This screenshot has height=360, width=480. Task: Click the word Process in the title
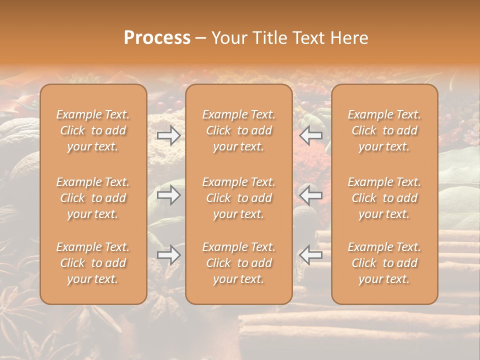tap(157, 38)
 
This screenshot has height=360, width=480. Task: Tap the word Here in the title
tap(349, 38)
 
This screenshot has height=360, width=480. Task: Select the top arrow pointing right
tap(168, 135)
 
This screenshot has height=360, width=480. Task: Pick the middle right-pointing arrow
tap(168, 195)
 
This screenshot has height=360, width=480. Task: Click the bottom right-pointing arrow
tap(168, 255)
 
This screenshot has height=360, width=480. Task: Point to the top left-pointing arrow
tap(311, 135)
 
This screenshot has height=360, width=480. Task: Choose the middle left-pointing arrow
tap(311, 195)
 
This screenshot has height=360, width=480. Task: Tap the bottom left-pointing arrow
tap(311, 255)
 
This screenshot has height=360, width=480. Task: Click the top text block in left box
tap(93, 130)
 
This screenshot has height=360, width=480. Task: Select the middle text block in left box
tap(93, 198)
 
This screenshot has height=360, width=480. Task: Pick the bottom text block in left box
tap(93, 263)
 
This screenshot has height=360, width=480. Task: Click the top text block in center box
tap(238, 130)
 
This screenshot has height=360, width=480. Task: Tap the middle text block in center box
tap(238, 198)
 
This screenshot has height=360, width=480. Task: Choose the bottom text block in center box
tap(238, 263)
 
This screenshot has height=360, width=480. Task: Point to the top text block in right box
tap(384, 130)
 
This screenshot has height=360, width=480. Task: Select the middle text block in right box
tap(384, 198)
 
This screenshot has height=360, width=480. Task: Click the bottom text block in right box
tap(384, 263)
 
